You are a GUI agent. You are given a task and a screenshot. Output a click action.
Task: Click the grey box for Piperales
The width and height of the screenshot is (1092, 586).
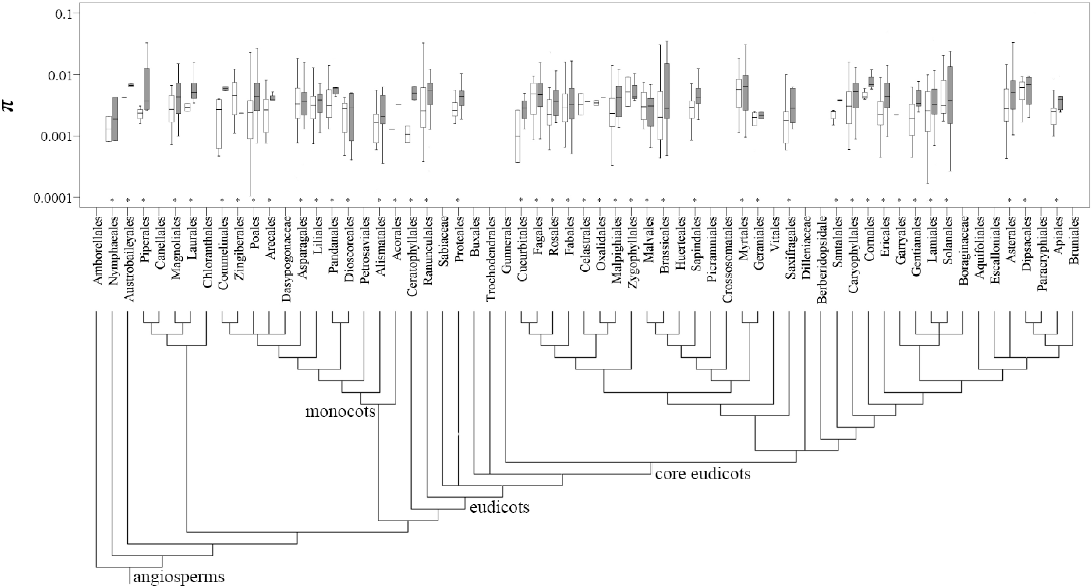[x=147, y=89]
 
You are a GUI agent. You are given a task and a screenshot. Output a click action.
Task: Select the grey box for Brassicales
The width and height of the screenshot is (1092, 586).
[x=667, y=91]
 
